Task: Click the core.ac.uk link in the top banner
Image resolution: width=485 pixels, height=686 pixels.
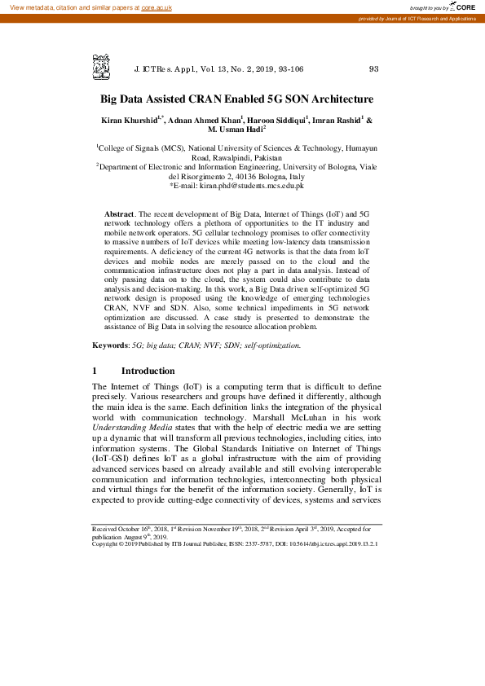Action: point(156,7)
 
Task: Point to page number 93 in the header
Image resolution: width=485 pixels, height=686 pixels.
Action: point(374,69)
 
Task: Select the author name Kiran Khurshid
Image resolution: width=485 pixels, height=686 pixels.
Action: point(130,120)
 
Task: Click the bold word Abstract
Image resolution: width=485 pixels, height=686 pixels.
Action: point(120,213)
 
